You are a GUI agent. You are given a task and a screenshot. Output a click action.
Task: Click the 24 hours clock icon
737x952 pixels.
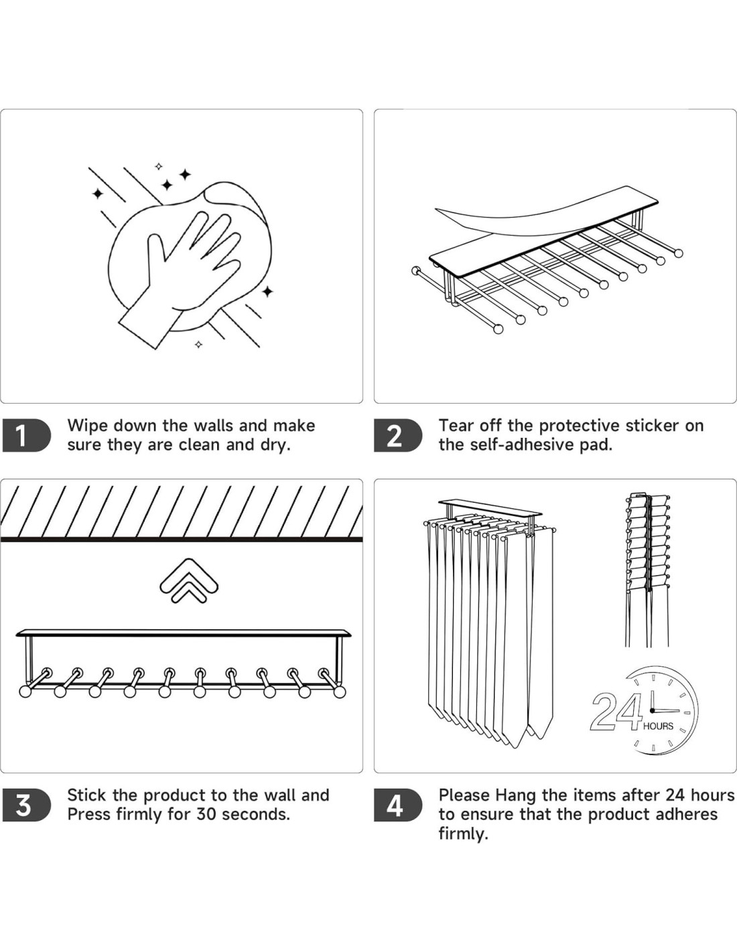coord(653,711)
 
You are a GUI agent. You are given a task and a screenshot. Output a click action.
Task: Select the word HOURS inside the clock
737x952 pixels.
coord(658,726)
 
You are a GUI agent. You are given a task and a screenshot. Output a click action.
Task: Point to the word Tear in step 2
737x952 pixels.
coord(456,426)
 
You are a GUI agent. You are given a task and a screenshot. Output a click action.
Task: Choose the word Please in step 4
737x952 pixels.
coord(464,795)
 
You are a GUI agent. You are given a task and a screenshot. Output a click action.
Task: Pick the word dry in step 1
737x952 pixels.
coord(275,446)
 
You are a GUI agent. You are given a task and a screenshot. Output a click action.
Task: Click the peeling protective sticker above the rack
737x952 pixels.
coord(536,211)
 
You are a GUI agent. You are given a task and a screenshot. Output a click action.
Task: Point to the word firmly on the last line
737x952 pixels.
coord(463,834)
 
